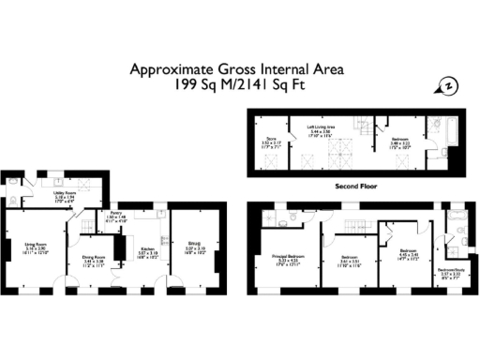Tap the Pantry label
click(117, 215)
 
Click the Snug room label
click(195, 247)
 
